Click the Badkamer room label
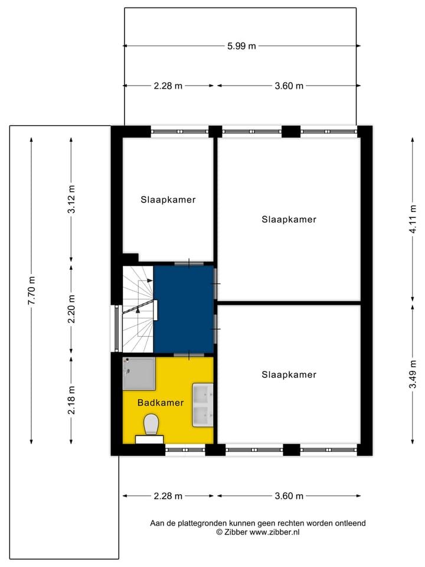pos(160,403)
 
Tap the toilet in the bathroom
pos(151,424)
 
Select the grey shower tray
pos(139,374)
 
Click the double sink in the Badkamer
pos(203,405)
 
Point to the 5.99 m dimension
pos(242,46)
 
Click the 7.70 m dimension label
pos(32,290)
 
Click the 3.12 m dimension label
pos(71,200)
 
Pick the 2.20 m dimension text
pos(71,309)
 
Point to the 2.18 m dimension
pos(71,400)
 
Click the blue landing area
pos(184,308)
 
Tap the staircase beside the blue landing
pos(137,308)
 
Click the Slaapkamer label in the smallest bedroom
pos(168,200)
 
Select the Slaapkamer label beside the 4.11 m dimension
pos(289,219)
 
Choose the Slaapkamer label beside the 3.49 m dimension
pos(289,374)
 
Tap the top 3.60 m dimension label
pos(289,86)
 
